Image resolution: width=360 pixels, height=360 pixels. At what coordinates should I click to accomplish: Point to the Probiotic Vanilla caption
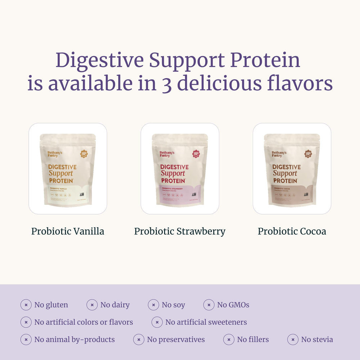pos(68,231)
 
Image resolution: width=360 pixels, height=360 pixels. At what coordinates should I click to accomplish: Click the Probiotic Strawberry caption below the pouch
pos(180,231)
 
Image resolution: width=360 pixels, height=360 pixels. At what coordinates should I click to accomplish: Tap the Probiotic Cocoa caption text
pos(292,231)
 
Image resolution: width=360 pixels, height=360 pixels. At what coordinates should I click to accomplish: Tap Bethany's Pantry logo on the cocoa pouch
pos(279,154)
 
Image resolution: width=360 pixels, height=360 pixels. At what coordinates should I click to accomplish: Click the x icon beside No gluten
pos(26,305)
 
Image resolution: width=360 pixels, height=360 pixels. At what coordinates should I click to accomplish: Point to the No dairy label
pos(115,305)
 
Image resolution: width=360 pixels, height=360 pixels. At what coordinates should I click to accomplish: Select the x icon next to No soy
pos(153,305)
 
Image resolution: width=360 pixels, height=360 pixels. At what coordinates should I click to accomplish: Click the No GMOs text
pos(233,305)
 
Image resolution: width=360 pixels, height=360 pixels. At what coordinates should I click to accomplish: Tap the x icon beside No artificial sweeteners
pos(157,322)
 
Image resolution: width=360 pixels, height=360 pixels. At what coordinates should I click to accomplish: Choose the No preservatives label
pos(176,339)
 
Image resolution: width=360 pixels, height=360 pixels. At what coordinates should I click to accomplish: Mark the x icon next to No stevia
pos(293,339)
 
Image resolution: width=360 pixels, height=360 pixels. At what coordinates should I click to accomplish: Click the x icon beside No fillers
pos(229,339)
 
